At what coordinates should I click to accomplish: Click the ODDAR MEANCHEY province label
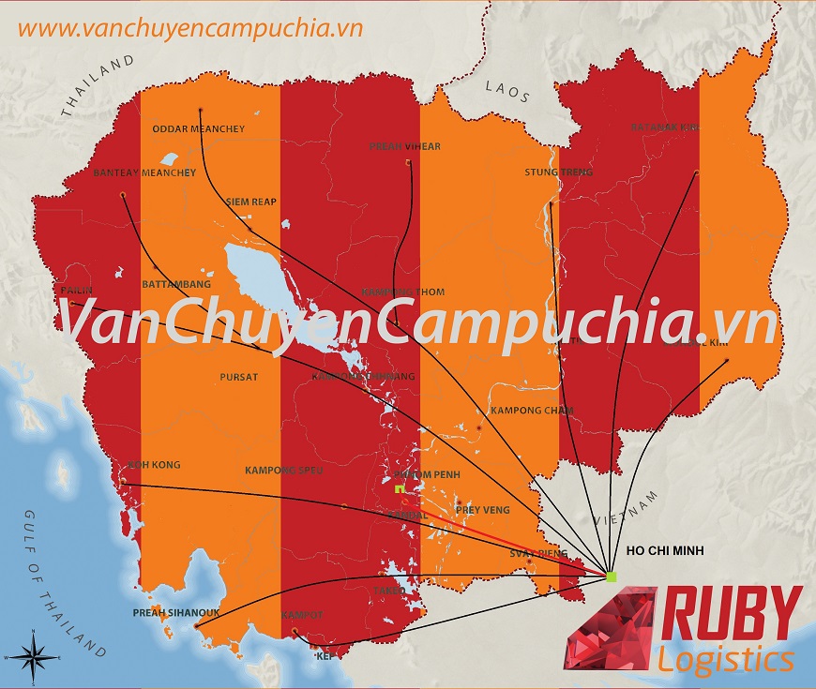pos(199,129)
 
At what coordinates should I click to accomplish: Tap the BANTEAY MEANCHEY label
pos(144,173)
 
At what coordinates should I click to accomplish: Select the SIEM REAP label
pos(250,202)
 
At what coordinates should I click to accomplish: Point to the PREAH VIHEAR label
pos(405,147)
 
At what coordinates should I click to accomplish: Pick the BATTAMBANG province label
pos(176,284)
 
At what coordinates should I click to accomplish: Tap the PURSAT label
pos(238,377)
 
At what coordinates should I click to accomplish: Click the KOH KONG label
pos(153,465)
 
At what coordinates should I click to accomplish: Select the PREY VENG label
pos(481,510)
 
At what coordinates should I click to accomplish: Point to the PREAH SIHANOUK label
pos(176,613)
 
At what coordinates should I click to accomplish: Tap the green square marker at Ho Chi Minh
pos(612,576)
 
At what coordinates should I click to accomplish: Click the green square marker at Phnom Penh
pos(399,489)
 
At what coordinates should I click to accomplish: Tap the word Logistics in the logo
pos(725,660)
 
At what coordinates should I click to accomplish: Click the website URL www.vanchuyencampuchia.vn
pos(189,27)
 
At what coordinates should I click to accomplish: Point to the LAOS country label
pos(507,91)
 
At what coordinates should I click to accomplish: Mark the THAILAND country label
pos(98,85)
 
